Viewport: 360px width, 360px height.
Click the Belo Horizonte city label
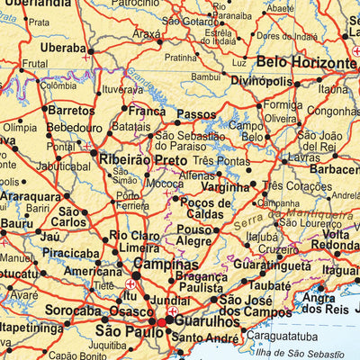click(306, 63)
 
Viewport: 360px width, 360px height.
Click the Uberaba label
click(63, 47)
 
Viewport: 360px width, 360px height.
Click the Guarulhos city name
click(205, 319)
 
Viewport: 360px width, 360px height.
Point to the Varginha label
click(224, 187)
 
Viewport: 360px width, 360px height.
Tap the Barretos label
click(70, 110)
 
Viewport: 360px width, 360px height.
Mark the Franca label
click(147, 112)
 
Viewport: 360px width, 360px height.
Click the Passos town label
click(197, 114)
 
